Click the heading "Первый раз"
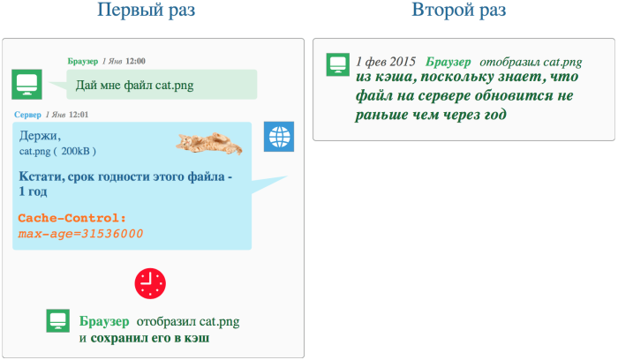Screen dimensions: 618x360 click(147, 10)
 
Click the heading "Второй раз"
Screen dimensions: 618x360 click(459, 10)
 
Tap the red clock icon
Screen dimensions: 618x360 click(150, 283)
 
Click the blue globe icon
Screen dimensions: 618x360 click(279, 137)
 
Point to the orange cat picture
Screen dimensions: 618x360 click(209, 143)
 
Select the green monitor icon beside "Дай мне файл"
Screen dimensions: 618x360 click(26, 85)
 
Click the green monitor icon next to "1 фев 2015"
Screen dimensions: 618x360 click(338, 64)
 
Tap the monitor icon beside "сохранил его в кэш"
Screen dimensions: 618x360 click(58, 320)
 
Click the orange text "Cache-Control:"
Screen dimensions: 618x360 click(72, 218)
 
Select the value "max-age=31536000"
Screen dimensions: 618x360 click(80, 234)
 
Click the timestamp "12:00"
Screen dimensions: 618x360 click(135, 61)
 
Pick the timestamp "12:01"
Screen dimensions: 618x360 click(79, 115)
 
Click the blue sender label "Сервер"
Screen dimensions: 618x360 click(27, 115)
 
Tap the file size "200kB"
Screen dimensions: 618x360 click(75, 151)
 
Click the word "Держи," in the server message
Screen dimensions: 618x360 click(41, 136)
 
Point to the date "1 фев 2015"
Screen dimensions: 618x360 click(386, 62)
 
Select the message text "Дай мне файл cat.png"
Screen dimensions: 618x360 click(135, 85)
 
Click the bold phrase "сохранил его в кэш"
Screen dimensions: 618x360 click(150, 338)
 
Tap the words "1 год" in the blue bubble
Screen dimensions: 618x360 click(33, 191)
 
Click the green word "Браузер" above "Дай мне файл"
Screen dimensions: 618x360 click(83, 61)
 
